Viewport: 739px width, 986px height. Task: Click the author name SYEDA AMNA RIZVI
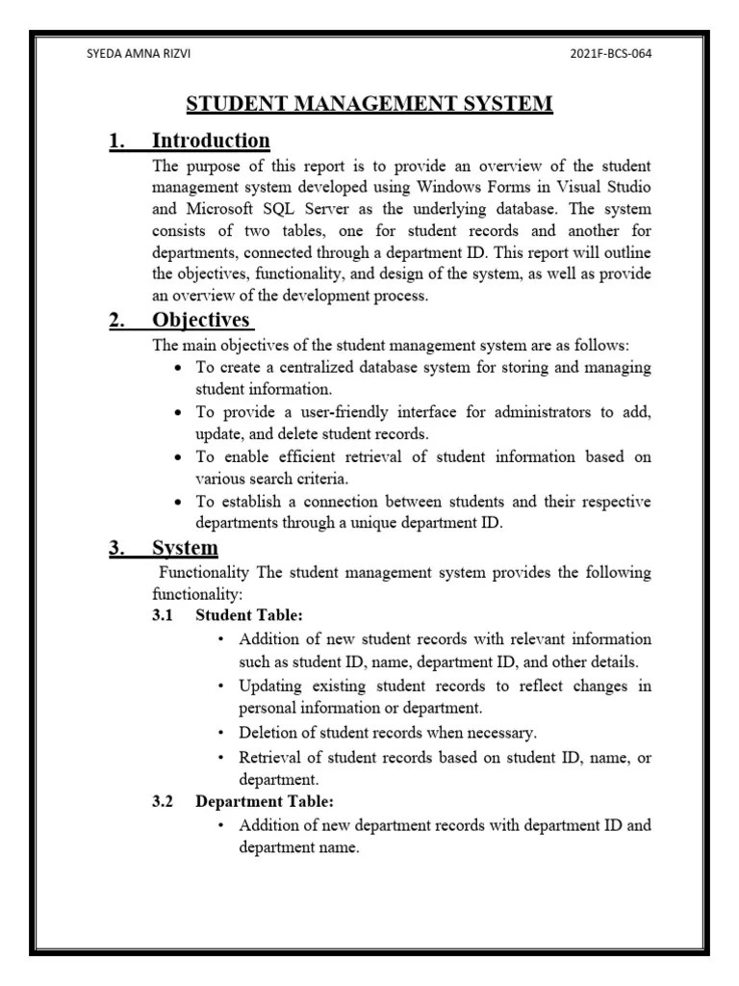pos(139,53)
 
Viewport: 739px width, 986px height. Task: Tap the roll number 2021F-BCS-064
pos(611,53)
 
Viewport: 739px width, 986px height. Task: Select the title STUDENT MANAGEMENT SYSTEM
pos(369,103)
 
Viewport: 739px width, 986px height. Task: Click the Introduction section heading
pos(211,142)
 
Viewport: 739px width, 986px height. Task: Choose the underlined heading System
pos(185,549)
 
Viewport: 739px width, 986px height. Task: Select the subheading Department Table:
pos(265,801)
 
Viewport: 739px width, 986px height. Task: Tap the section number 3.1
pos(163,614)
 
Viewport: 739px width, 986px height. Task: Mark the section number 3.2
pos(163,801)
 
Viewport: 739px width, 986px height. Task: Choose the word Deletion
pos(269,733)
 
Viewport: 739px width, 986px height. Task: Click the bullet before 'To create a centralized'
pos(180,369)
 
